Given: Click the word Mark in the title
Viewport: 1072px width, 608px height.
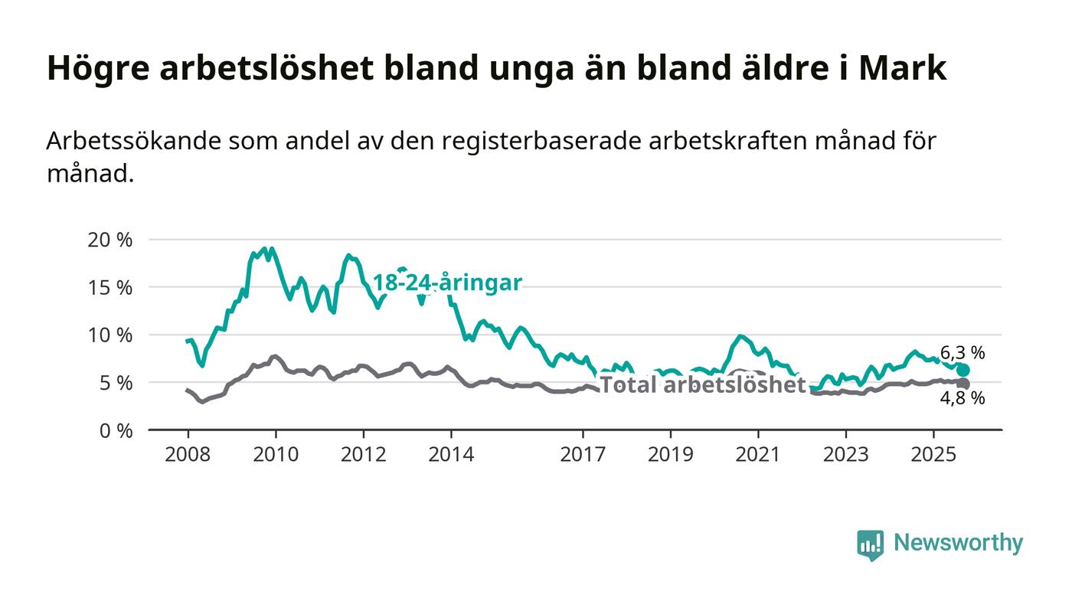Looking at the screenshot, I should pos(903,68).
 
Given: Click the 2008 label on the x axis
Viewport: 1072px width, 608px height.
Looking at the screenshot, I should pos(188,454).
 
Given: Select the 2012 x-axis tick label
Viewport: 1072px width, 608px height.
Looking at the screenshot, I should pos(364,454).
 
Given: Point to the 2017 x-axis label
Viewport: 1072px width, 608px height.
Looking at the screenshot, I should pos(583,454).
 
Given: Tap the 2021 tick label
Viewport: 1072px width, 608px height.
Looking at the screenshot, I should pos(759,454).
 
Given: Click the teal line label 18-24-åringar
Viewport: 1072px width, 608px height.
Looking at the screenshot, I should pos(447,283).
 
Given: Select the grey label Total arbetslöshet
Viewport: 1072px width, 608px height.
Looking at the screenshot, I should pos(702,385).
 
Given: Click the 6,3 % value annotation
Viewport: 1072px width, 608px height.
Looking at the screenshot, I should pos(963,353).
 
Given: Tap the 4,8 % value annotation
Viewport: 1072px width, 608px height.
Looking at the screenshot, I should pos(963,398).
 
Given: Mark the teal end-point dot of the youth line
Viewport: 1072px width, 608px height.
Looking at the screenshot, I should pos(963,370).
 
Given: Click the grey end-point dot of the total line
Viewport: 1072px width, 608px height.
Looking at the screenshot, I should pos(963,384).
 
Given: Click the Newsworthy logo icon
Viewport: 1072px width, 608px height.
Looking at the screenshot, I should pos(870,544).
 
